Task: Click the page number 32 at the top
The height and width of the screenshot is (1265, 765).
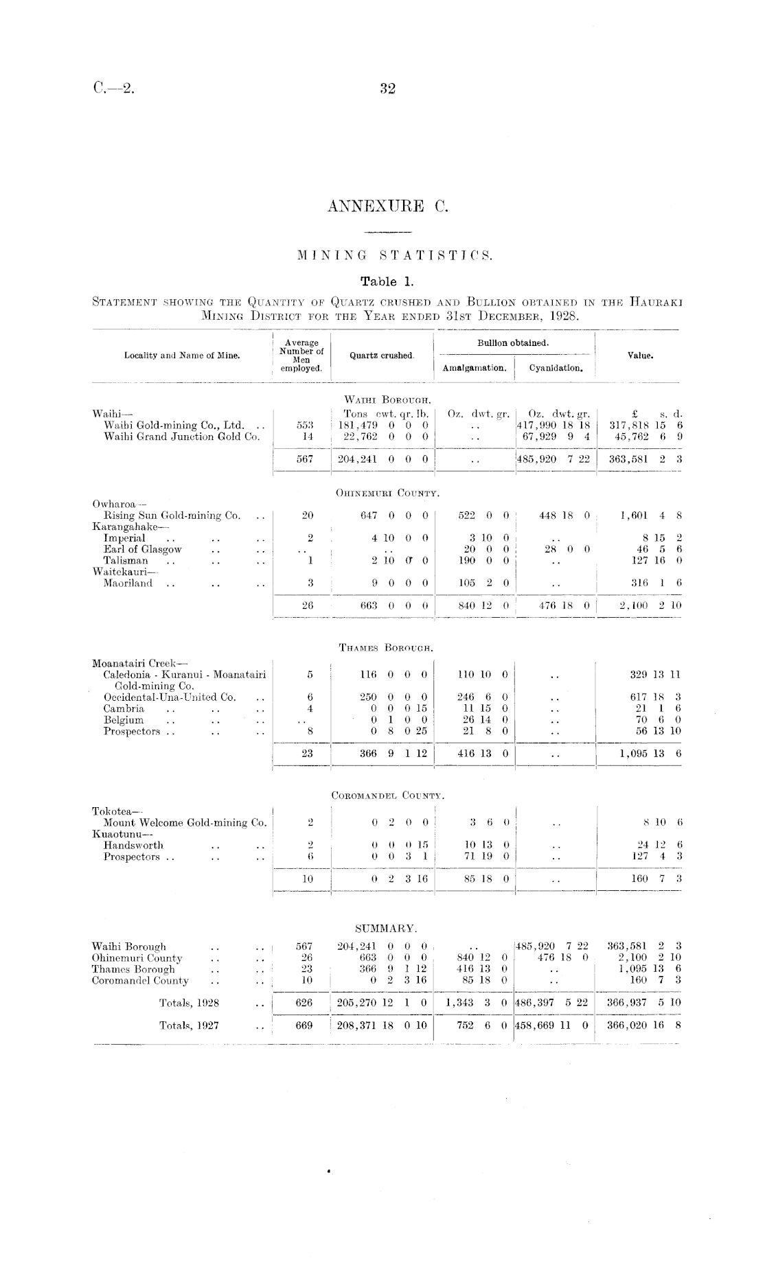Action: pyautogui.click(x=387, y=89)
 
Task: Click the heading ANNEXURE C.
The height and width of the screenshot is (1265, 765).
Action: pyautogui.click(x=387, y=206)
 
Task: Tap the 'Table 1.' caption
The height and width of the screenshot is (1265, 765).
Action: pyautogui.click(x=387, y=281)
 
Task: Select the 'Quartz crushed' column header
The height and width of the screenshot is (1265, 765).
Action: pyautogui.click(x=382, y=356)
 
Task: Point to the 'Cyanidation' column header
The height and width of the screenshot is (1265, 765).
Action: pyautogui.click(x=556, y=368)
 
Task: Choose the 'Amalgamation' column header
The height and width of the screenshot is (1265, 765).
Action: pyautogui.click(x=475, y=368)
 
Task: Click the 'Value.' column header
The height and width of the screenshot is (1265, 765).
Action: pyautogui.click(x=640, y=356)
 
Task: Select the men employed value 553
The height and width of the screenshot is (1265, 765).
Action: pyautogui.click(x=308, y=426)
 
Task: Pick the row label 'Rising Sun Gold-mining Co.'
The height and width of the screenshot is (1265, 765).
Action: pyautogui.click(x=172, y=515)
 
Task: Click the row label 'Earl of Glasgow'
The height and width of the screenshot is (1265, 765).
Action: pyautogui.click(x=143, y=549)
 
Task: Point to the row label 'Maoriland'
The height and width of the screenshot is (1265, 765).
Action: pyautogui.click(x=128, y=583)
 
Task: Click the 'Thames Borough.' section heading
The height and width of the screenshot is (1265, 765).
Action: pyautogui.click(x=386, y=647)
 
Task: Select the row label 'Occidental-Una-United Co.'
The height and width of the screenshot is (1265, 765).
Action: pyautogui.click(x=170, y=697)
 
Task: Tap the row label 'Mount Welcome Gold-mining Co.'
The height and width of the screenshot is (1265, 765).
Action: pyautogui.click(x=185, y=822)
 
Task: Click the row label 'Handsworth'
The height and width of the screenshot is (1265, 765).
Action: pyautogui.click(x=133, y=845)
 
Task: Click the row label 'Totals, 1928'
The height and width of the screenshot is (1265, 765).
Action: pyautogui.click(x=189, y=1003)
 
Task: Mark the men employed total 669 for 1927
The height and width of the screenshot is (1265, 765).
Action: pyautogui.click(x=304, y=1025)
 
